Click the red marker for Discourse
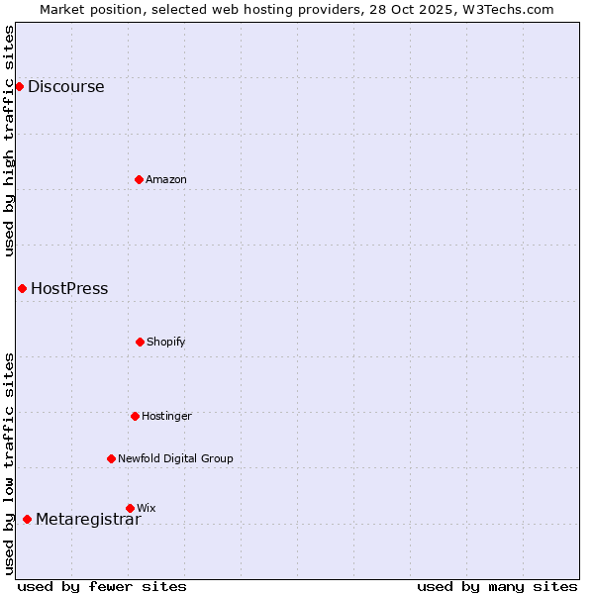pos(19,86)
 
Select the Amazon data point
pos(139,179)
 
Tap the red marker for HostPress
pos(22,288)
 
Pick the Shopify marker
pos(140,342)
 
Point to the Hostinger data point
pos(135,416)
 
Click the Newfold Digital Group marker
pos(111,458)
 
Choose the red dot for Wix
pos(130,508)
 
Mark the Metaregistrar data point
pos(27,519)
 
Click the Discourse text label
pos(65,86)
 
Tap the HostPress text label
pos(69,289)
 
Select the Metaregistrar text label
pos(88,520)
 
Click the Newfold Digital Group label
pos(175,458)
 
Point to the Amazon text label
pos(166,179)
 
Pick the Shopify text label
pos(166,342)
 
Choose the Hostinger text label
pos(166,416)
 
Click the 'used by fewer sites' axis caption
pos(102,586)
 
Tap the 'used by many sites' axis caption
pos(497,586)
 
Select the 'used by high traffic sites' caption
pos(9,141)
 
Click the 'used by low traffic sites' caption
pos(9,463)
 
